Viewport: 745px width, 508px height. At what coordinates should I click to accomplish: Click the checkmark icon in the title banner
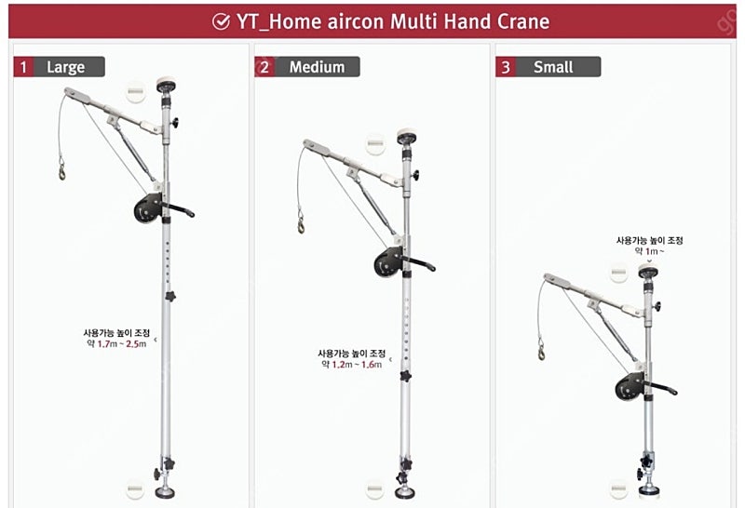(x=221, y=21)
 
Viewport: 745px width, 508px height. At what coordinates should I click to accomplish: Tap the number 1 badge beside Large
(x=22, y=67)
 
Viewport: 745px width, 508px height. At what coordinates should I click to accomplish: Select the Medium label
(x=317, y=67)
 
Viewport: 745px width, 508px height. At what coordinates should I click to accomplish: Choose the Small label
(x=553, y=67)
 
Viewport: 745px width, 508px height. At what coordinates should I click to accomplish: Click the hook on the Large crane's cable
(x=61, y=169)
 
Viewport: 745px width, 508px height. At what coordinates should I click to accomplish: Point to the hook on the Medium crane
(x=301, y=222)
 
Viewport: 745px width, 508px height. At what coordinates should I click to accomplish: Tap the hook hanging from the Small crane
(x=541, y=350)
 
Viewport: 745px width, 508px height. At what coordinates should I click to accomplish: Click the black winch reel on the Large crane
(x=148, y=208)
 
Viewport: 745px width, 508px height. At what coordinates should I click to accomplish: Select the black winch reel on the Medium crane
(x=388, y=261)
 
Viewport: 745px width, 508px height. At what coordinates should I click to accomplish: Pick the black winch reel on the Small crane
(x=630, y=386)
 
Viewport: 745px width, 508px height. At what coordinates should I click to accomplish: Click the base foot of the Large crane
(x=166, y=492)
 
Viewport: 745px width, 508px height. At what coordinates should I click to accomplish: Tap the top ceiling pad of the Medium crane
(x=407, y=136)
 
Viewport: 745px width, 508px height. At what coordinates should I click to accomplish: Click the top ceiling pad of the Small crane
(x=648, y=271)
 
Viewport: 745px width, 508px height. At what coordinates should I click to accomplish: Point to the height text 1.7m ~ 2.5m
(x=122, y=343)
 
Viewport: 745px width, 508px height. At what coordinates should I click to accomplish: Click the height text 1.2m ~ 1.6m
(x=357, y=364)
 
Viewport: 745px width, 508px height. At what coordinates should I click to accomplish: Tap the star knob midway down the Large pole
(x=170, y=296)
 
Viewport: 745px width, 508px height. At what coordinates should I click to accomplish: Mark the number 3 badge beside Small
(x=505, y=67)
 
